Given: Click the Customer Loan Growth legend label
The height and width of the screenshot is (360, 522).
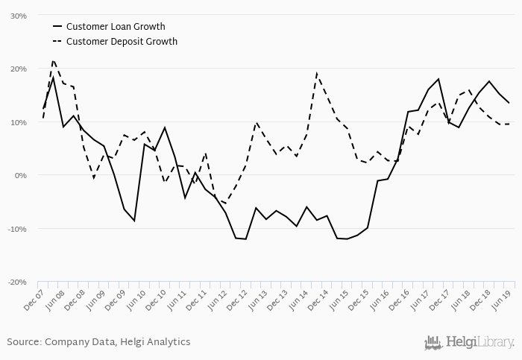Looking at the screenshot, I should pos(116,27).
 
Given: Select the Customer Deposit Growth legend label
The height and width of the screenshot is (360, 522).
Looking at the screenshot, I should pos(122,42).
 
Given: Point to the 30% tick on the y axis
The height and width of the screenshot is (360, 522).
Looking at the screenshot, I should pos(18,16).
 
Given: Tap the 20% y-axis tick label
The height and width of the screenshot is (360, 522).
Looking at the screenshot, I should pos(18,69).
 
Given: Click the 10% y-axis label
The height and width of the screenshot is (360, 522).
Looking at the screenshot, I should pos(18,122).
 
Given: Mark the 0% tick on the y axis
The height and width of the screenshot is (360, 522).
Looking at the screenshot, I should pos(20,176).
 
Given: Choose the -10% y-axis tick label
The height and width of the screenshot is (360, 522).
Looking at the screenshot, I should pos(16,229).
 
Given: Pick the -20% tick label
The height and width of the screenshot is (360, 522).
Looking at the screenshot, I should pos(16,282).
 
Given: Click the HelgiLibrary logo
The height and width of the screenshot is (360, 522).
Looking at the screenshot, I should pos(469,342).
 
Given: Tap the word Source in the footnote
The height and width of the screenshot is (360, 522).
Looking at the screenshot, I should pos(23,341).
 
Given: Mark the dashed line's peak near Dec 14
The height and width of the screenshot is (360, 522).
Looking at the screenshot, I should pos(317,73).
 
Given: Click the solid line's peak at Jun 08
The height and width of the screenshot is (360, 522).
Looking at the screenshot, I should pos(53,78).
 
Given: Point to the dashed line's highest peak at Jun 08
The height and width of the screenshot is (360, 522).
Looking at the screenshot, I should pos(53,60).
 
